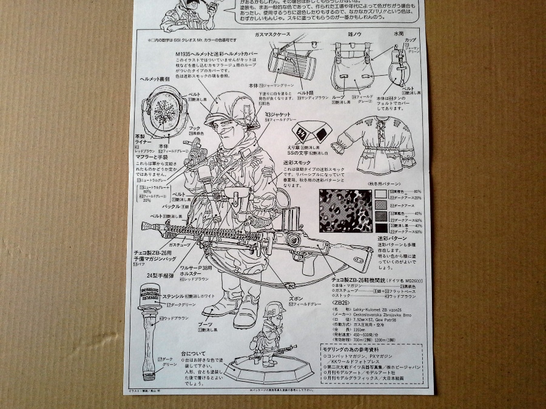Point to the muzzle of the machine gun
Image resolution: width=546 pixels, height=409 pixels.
[144, 228]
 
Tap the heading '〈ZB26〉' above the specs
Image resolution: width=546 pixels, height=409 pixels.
[343, 301]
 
